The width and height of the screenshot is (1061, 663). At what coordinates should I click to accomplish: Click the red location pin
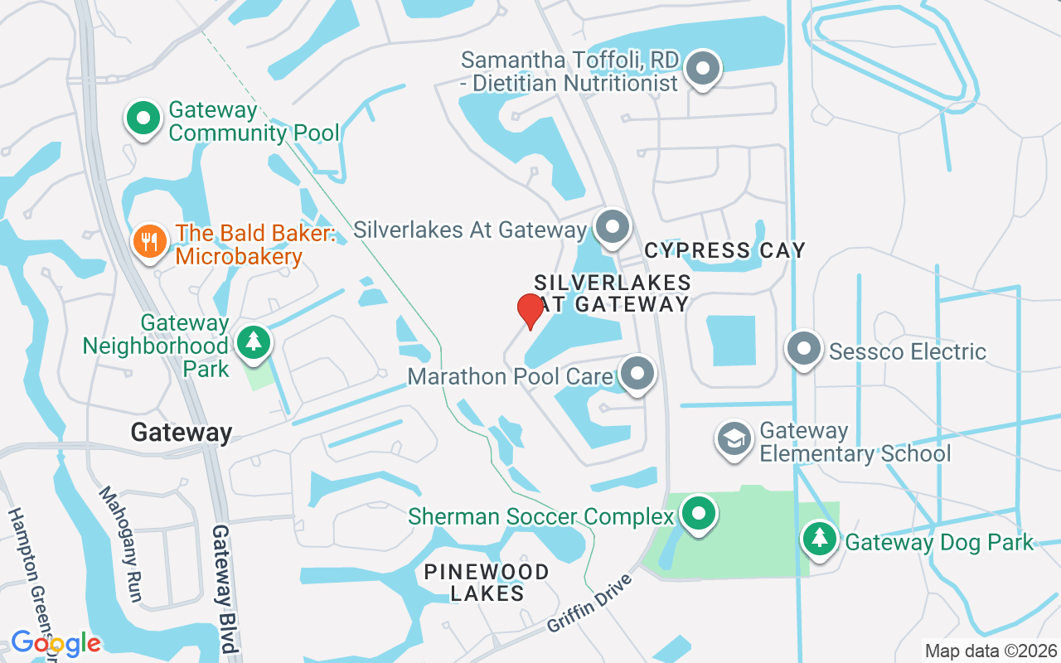(x=530, y=311)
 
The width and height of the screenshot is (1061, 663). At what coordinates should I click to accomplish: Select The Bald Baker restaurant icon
(x=150, y=242)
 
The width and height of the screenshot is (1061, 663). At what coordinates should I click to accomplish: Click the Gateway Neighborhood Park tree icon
(x=254, y=341)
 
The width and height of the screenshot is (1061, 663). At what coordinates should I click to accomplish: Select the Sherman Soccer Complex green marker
(x=699, y=514)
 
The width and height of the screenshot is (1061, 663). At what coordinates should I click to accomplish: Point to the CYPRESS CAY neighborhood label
(x=724, y=249)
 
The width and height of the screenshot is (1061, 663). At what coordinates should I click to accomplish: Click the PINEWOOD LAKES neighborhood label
(x=486, y=583)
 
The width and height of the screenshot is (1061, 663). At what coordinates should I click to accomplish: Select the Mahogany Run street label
(x=122, y=543)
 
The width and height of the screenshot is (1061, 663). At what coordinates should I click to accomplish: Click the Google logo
(x=56, y=643)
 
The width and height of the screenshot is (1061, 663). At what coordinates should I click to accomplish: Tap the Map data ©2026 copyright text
(x=991, y=651)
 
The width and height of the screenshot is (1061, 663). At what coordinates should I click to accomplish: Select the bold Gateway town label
(x=182, y=432)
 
